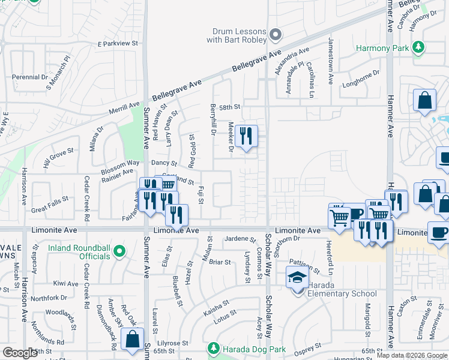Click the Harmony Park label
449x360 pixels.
(x=382, y=47)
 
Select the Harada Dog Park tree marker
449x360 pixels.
(x=213, y=349)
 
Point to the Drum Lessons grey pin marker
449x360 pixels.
(x=276, y=35)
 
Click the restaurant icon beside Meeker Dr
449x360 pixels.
(x=246, y=137)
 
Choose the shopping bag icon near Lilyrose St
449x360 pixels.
(x=133, y=339)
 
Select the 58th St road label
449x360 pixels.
(x=229, y=107)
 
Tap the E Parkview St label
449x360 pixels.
(x=118, y=44)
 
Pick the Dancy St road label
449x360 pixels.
(x=164, y=163)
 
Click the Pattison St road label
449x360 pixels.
(x=304, y=263)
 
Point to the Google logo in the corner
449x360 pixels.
(x=20, y=353)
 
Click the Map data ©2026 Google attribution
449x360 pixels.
(x=412, y=355)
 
